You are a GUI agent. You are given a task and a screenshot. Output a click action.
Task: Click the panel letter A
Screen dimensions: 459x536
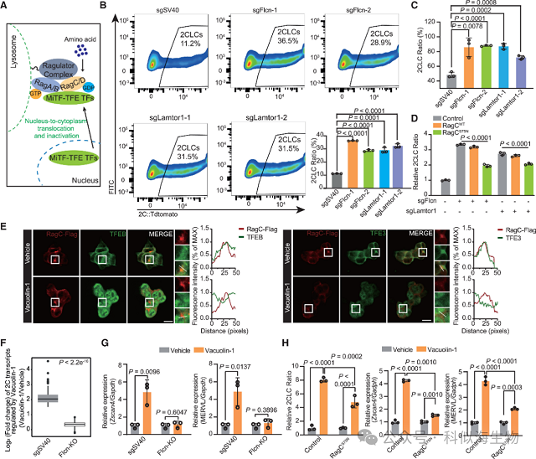[x=8, y=8]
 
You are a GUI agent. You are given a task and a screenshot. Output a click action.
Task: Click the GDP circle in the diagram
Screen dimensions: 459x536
[x=87, y=87]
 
